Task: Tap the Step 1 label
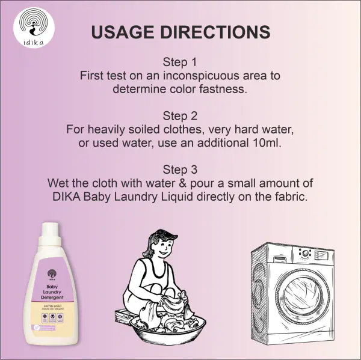pyautogui.click(x=180, y=62)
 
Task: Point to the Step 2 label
pyautogui.click(x=180, y=115)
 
